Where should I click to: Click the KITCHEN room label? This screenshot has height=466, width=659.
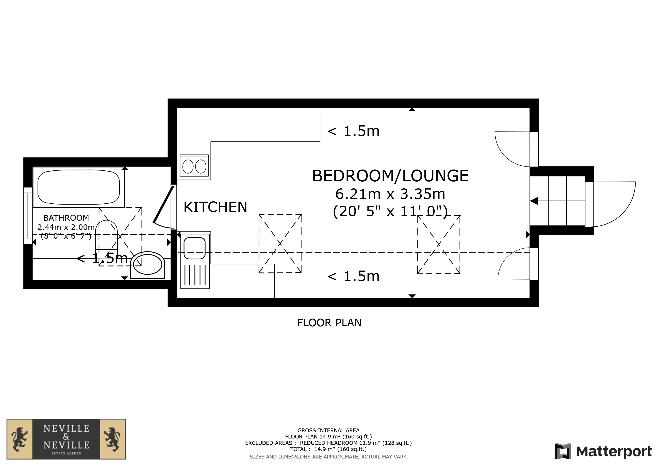[215, 207]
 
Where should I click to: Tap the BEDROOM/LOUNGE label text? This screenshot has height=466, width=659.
[390, 176]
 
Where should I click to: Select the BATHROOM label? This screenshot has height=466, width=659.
[66, 218]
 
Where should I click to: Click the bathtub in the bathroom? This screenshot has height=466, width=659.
[79, 187]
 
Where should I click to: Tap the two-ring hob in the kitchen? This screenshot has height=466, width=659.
[194, 166]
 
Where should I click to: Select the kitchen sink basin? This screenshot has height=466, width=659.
[195, 248]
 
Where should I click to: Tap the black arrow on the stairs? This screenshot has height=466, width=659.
[534, 201]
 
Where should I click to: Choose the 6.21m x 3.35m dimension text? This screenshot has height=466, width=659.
[390, 194]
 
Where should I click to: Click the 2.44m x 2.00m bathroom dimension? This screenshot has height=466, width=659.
[66, 227]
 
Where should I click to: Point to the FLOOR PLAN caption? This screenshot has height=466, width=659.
[329, 323]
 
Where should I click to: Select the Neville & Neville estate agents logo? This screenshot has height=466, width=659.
[66, 439]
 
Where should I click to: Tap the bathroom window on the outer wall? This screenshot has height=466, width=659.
[28, 215]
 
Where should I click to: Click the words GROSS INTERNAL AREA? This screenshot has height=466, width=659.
[328, 431]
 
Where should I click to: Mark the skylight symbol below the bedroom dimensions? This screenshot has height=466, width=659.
[439, 244]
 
